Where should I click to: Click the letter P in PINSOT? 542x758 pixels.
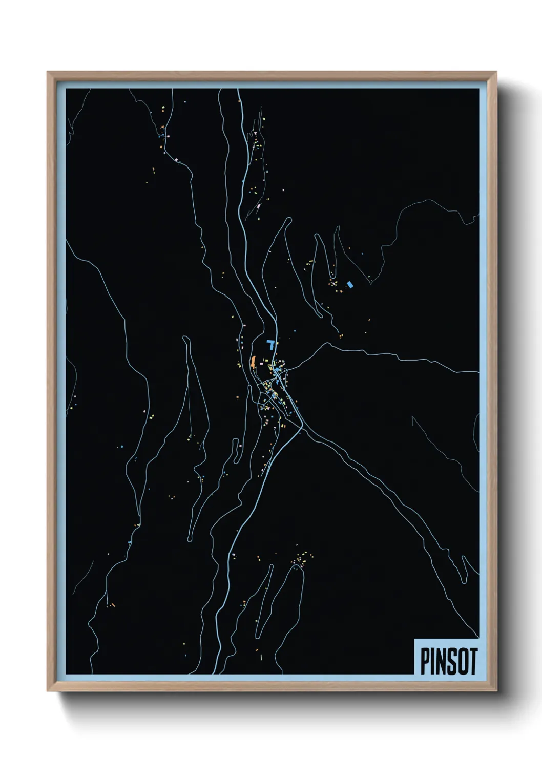[426, 662]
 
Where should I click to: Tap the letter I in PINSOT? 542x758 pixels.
[435, 662]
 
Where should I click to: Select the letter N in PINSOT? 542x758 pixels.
[443, 662]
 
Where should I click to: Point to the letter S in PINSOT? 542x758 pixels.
[453, 662]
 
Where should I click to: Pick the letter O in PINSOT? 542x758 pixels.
[464, 662]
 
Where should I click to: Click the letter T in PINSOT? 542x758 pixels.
[473, 662]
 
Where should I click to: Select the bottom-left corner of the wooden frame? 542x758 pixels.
[48, 691]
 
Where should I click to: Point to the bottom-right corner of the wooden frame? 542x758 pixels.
[496, 691]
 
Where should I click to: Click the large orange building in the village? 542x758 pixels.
[253, 362]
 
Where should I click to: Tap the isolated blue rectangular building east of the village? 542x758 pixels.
[350, 284]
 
